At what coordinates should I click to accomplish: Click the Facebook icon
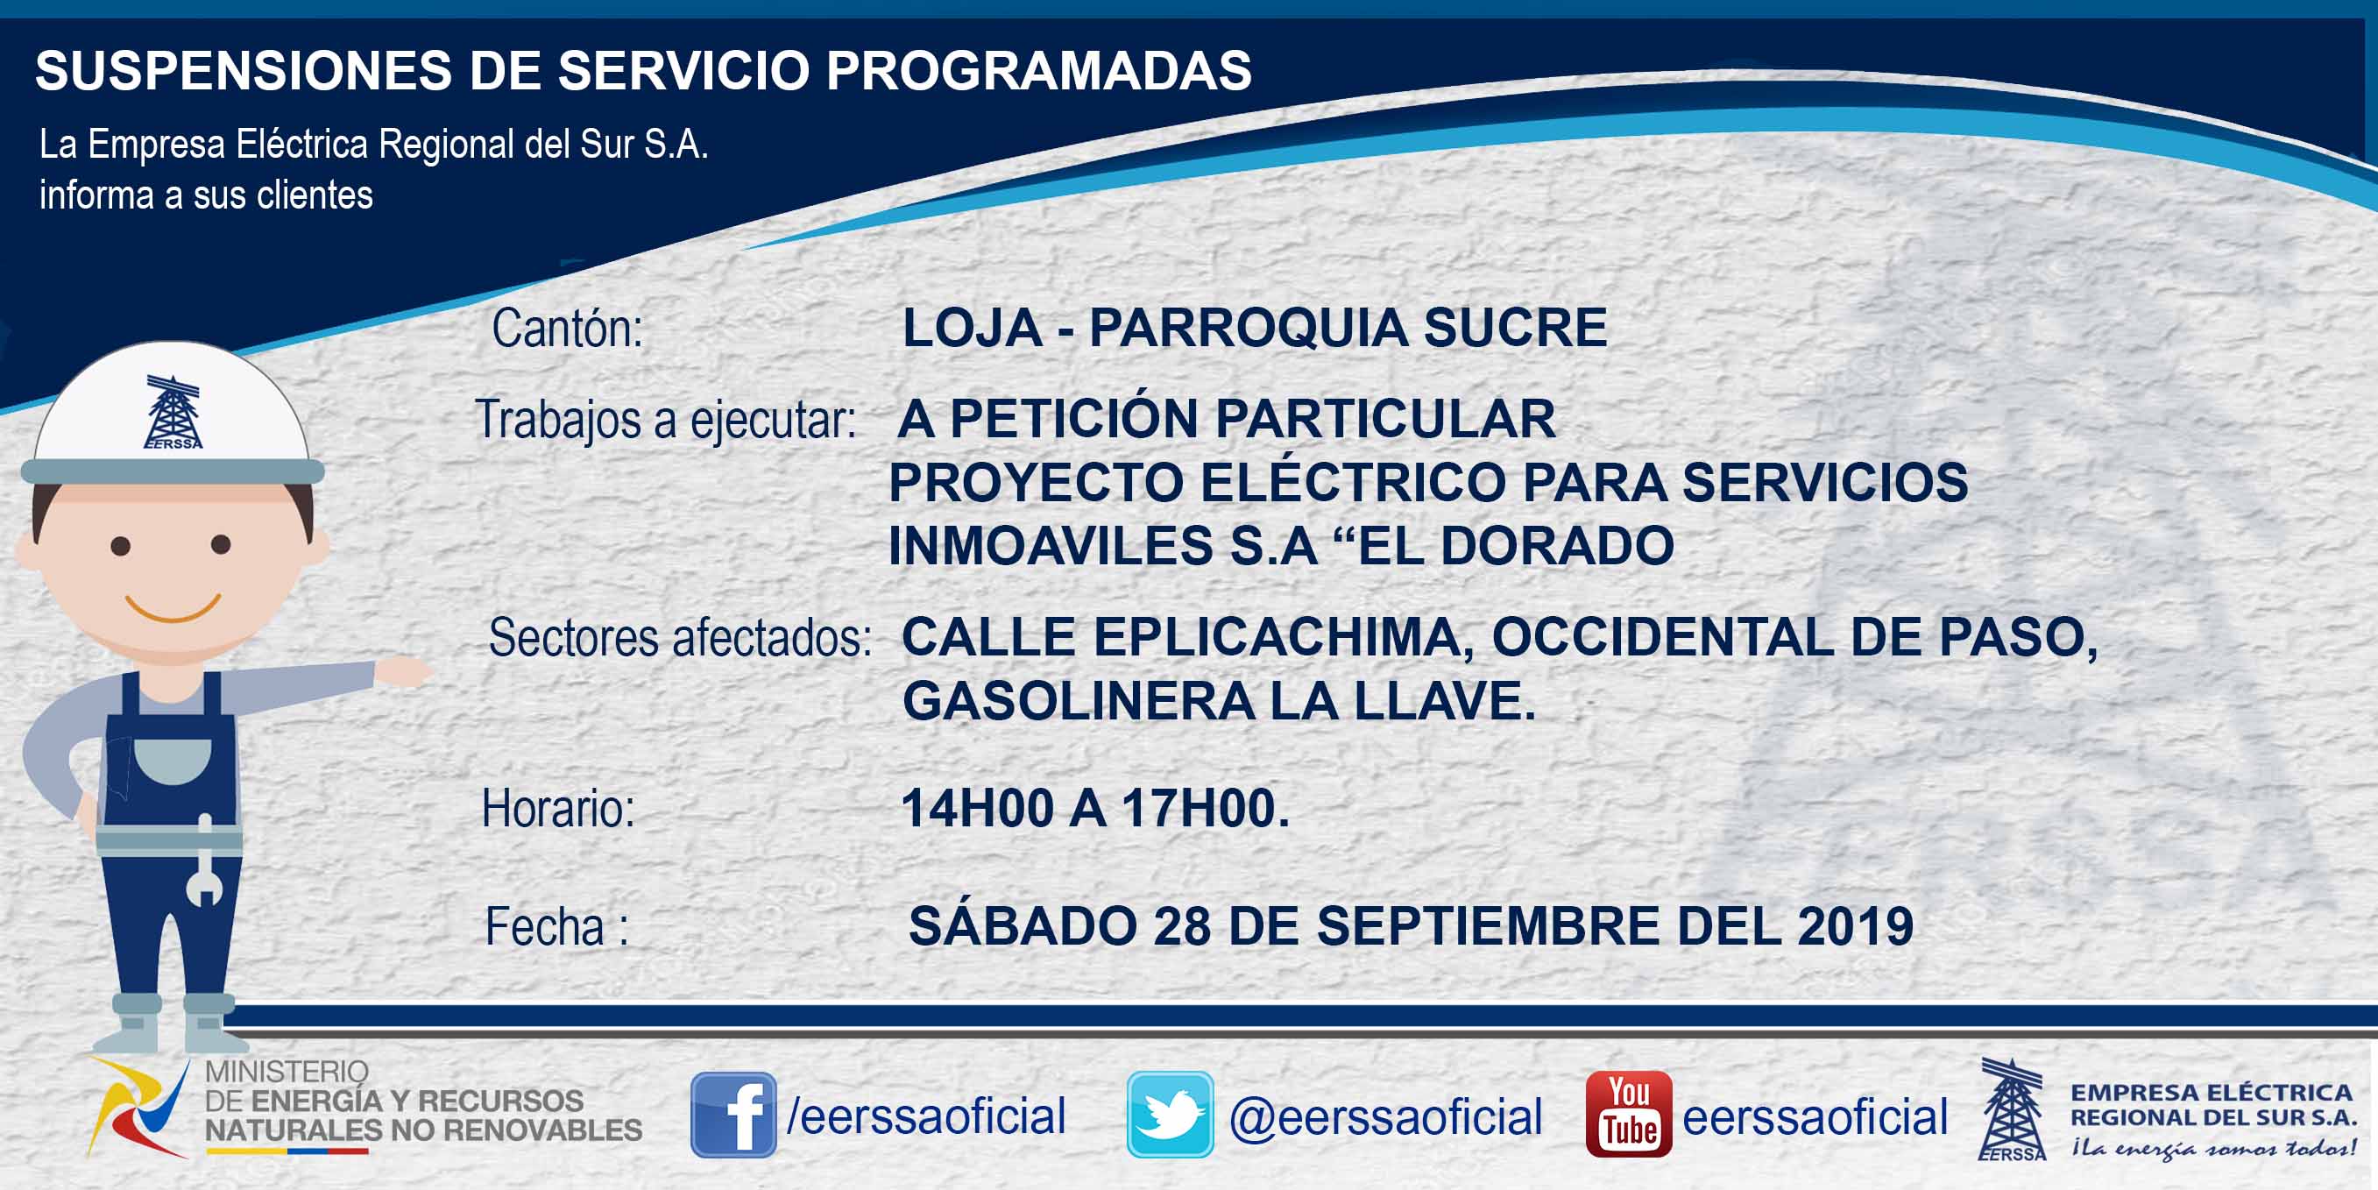(x=733, y=1115)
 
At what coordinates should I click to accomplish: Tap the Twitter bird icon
(x=1170, y=1115)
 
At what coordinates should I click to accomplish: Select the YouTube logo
(x=1628, y=1114)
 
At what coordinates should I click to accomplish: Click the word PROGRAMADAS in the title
(x=1038, y=70)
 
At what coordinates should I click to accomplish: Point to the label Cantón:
(x=567, y=329)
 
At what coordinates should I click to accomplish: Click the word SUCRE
(x=1515, y=328)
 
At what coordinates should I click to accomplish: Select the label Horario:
(x=557, y=809)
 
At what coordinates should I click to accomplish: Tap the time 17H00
(x=1205, y=809)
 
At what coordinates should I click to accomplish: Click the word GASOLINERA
(x=1079, y=701)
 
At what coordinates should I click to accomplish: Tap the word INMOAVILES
(x=1051, y=546)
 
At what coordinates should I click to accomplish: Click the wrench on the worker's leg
(x=204, y=861)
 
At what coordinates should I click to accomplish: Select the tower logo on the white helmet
(x=173, y=412)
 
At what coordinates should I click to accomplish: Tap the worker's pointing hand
(x=403, y=671)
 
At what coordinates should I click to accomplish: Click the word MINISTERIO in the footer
(x=287, y=1072)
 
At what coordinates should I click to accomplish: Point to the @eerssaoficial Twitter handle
(x=1384, y=1117)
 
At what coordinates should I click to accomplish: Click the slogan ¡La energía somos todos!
(x=2212, y=1148)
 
